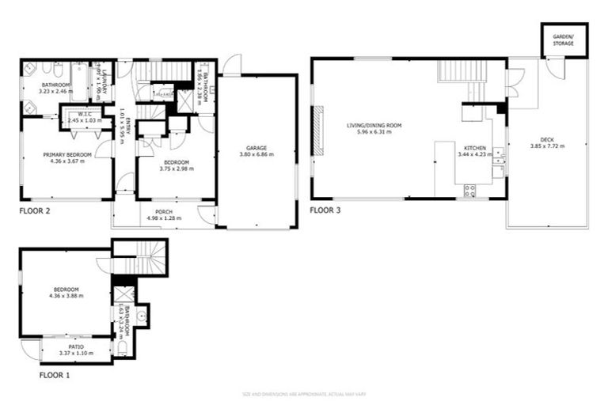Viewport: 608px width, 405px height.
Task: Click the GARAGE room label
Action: point(255,148)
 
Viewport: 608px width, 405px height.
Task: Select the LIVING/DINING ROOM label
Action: point(374,126)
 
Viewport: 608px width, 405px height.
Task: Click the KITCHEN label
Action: point(474,148)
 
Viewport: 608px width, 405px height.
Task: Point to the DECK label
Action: point(547,142)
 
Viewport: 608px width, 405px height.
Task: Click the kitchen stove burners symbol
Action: point(469,189)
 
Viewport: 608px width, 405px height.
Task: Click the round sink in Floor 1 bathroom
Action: point(140,315)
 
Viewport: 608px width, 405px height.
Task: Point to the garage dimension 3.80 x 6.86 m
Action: point(255,154)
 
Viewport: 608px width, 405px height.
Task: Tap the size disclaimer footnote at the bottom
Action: point(303,393)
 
